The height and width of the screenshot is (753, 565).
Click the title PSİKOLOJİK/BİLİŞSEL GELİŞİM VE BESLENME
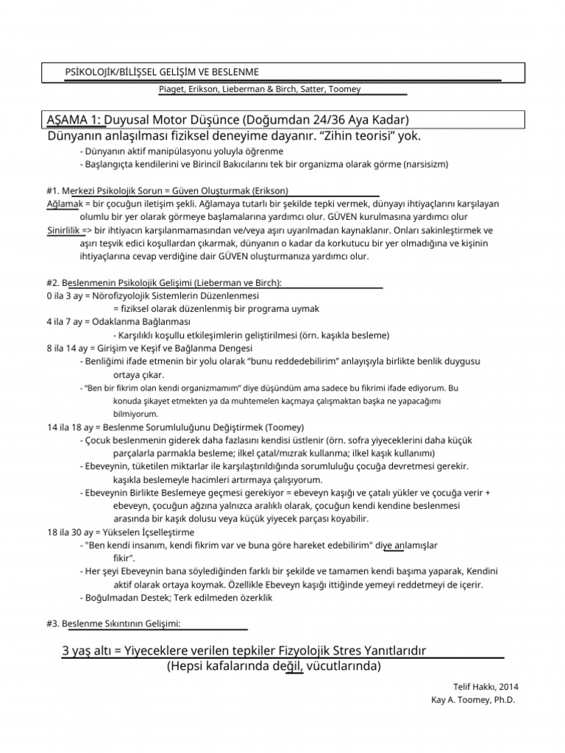(162, 71)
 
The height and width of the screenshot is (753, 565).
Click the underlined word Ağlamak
(57, 202)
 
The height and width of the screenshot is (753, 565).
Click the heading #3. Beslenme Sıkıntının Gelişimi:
(113, 624)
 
